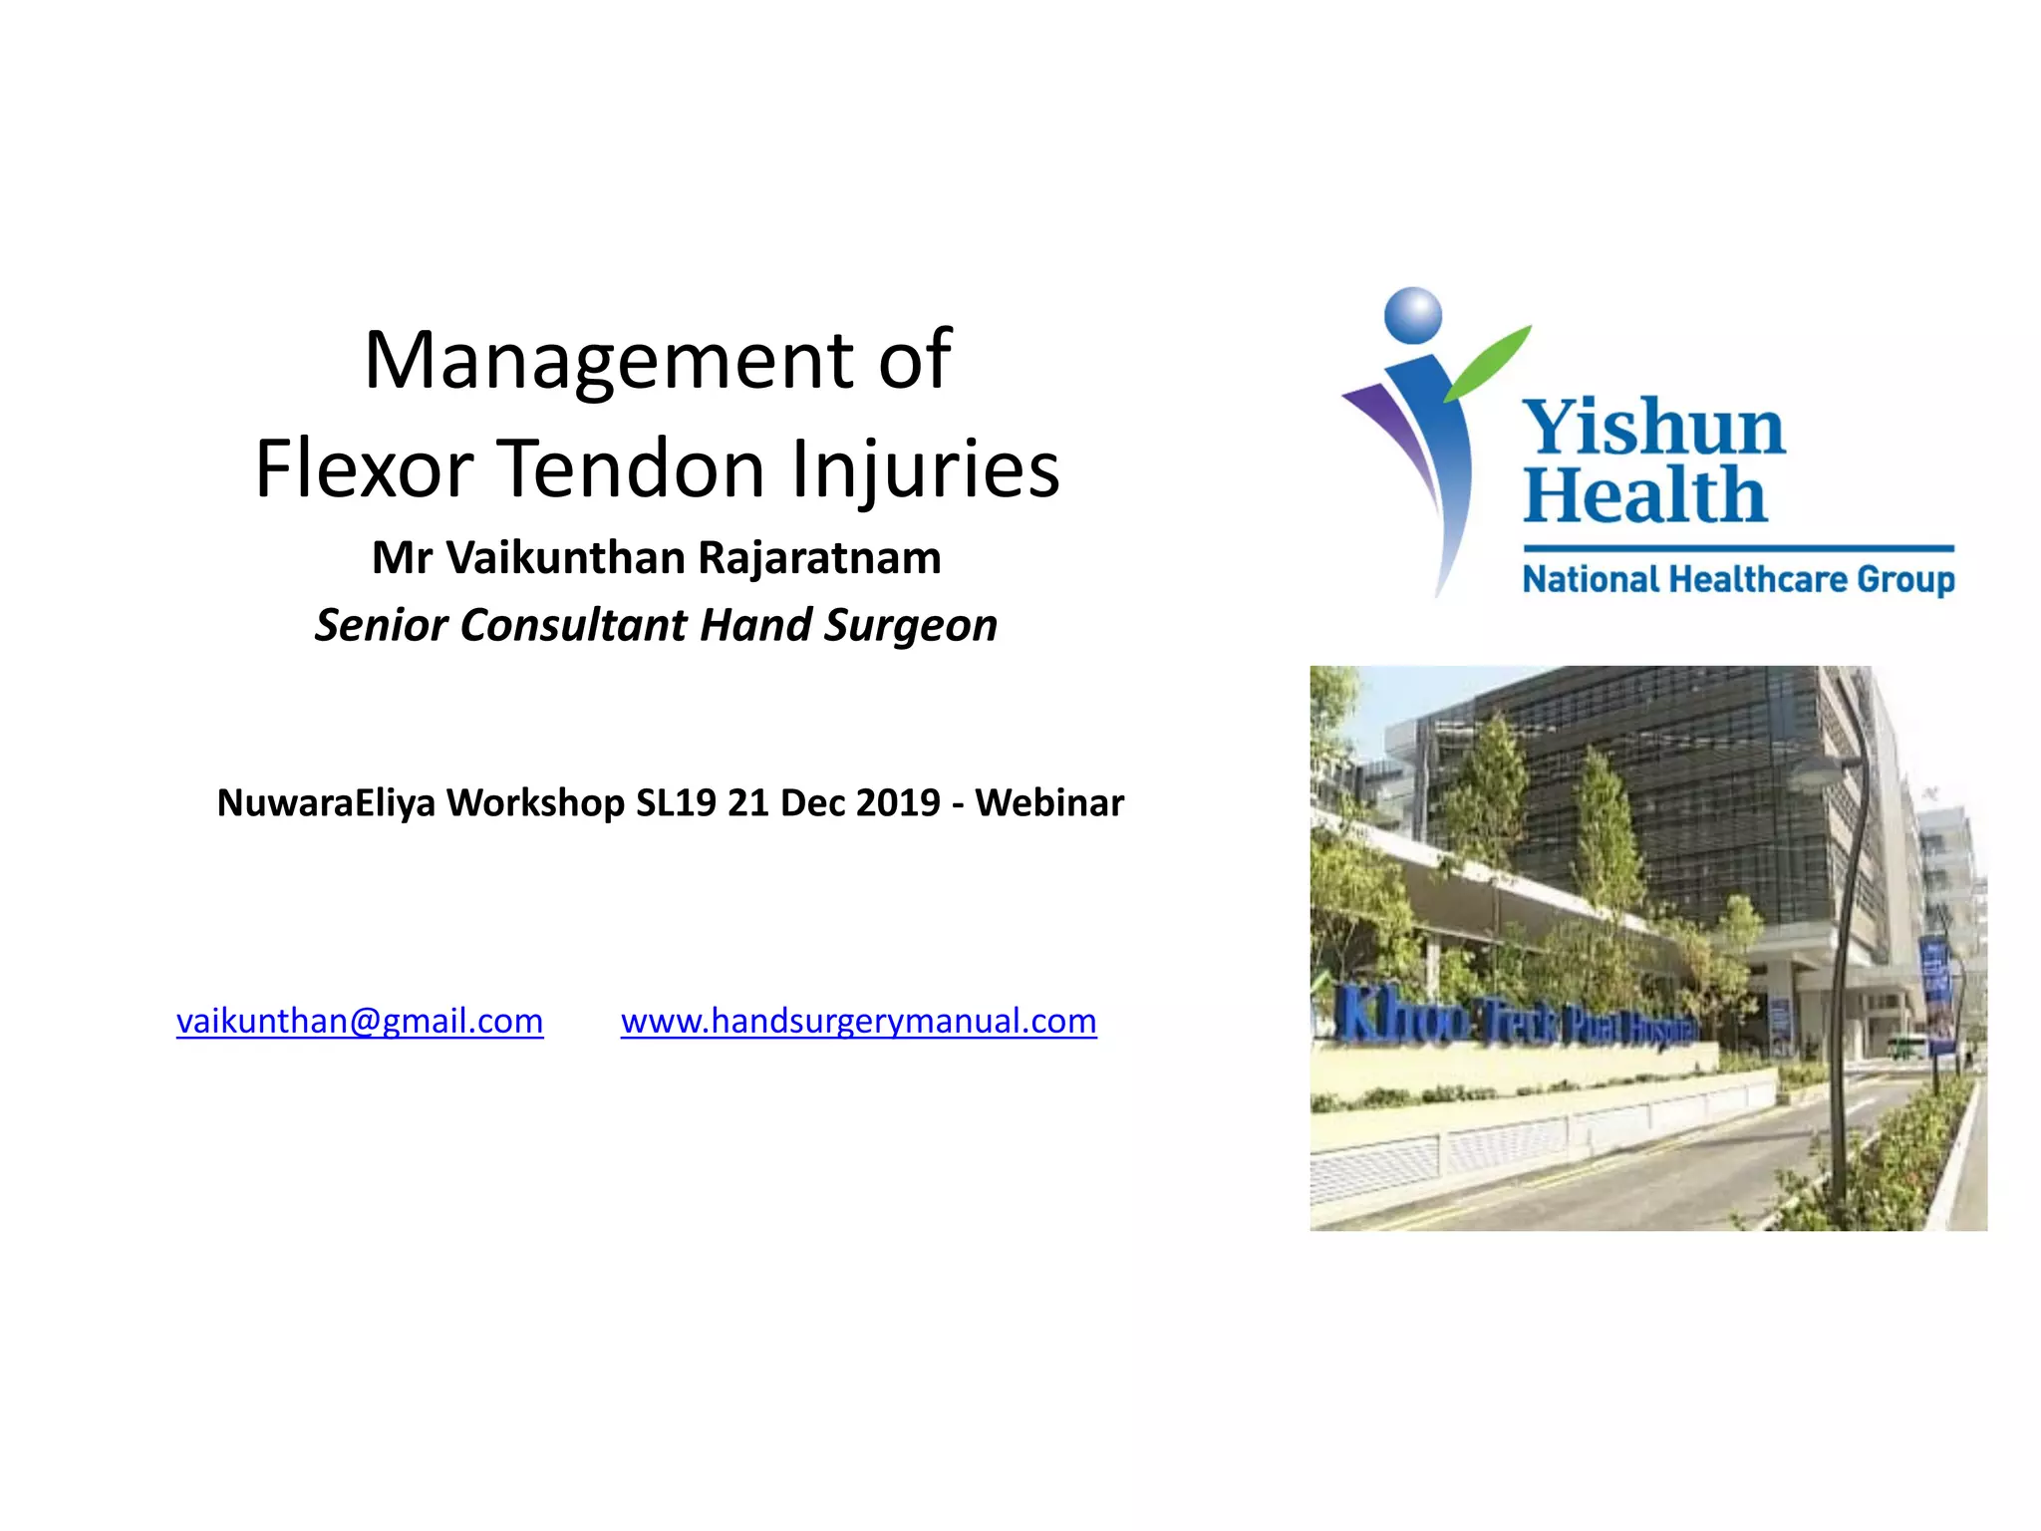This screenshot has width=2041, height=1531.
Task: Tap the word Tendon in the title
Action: coord(632,468)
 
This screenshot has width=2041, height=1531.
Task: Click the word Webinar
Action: coord(1048,803)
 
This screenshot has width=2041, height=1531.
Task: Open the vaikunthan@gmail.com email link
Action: coord(360,1022)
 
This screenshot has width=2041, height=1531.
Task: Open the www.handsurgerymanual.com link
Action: coord(858,1022)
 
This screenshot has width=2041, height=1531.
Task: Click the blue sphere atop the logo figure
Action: coord(1413,313)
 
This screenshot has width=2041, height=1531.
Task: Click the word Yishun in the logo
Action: coord(1653,427)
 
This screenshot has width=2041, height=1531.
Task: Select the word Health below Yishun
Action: coord(1644,495)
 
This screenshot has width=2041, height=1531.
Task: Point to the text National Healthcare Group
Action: coord(1738,579)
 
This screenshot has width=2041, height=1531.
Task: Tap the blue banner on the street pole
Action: coord(1934,992)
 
